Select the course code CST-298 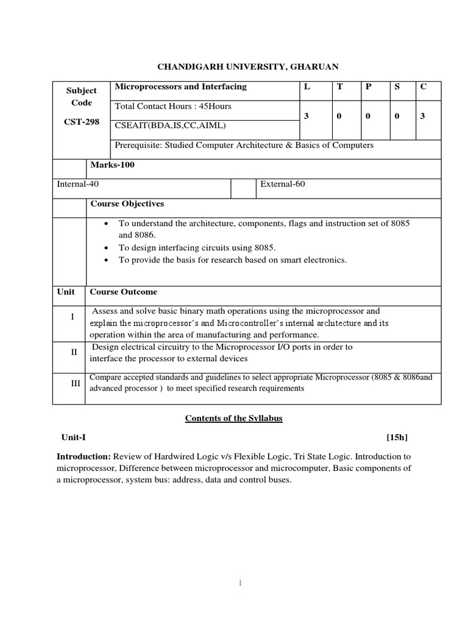click(81, 121)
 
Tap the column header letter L click(308, 87)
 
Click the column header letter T click(340, 87)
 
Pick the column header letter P click(368, 87)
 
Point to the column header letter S click(397, 87)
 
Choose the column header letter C click(423, 87)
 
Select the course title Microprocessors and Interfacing click(181, 87)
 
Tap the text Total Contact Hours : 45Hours click(174, 107)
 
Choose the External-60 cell click(283, 184)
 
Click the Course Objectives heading click(127, 204)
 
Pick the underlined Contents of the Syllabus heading click(234, 419)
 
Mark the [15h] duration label click(397, 438)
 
